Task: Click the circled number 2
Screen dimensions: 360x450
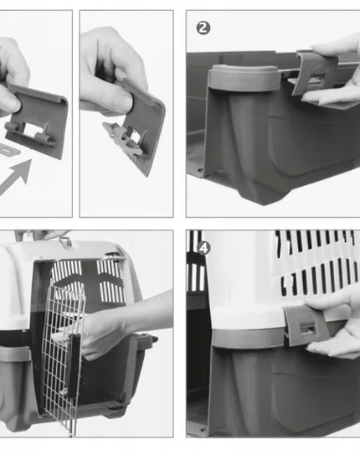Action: (203, 28)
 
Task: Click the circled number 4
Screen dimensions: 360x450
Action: (203, 248)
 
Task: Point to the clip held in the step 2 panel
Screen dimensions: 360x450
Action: (318, 73)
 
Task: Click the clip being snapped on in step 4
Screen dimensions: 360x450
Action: (306, 325)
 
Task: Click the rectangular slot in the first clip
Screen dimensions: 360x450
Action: (32, 128)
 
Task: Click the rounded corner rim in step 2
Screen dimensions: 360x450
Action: (243, 77)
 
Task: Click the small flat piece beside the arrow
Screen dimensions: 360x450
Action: (8, 149)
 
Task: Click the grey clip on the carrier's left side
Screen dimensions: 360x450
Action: (14, 354)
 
